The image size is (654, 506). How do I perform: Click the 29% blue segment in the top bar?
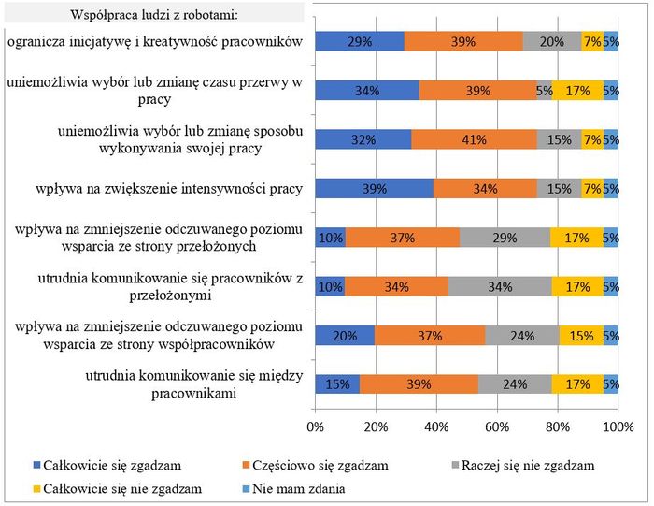pos(360,42)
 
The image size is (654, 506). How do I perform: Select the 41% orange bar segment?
pos(474,140)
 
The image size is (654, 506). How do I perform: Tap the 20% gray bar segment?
pos(552,42)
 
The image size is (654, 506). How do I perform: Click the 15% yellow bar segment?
pos(581,335)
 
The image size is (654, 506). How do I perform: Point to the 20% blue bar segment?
pos(345,335)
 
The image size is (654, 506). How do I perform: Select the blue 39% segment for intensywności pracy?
pos(374,189)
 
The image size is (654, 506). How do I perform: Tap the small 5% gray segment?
pos(544,91)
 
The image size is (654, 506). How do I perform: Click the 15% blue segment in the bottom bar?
pos(337,383)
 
